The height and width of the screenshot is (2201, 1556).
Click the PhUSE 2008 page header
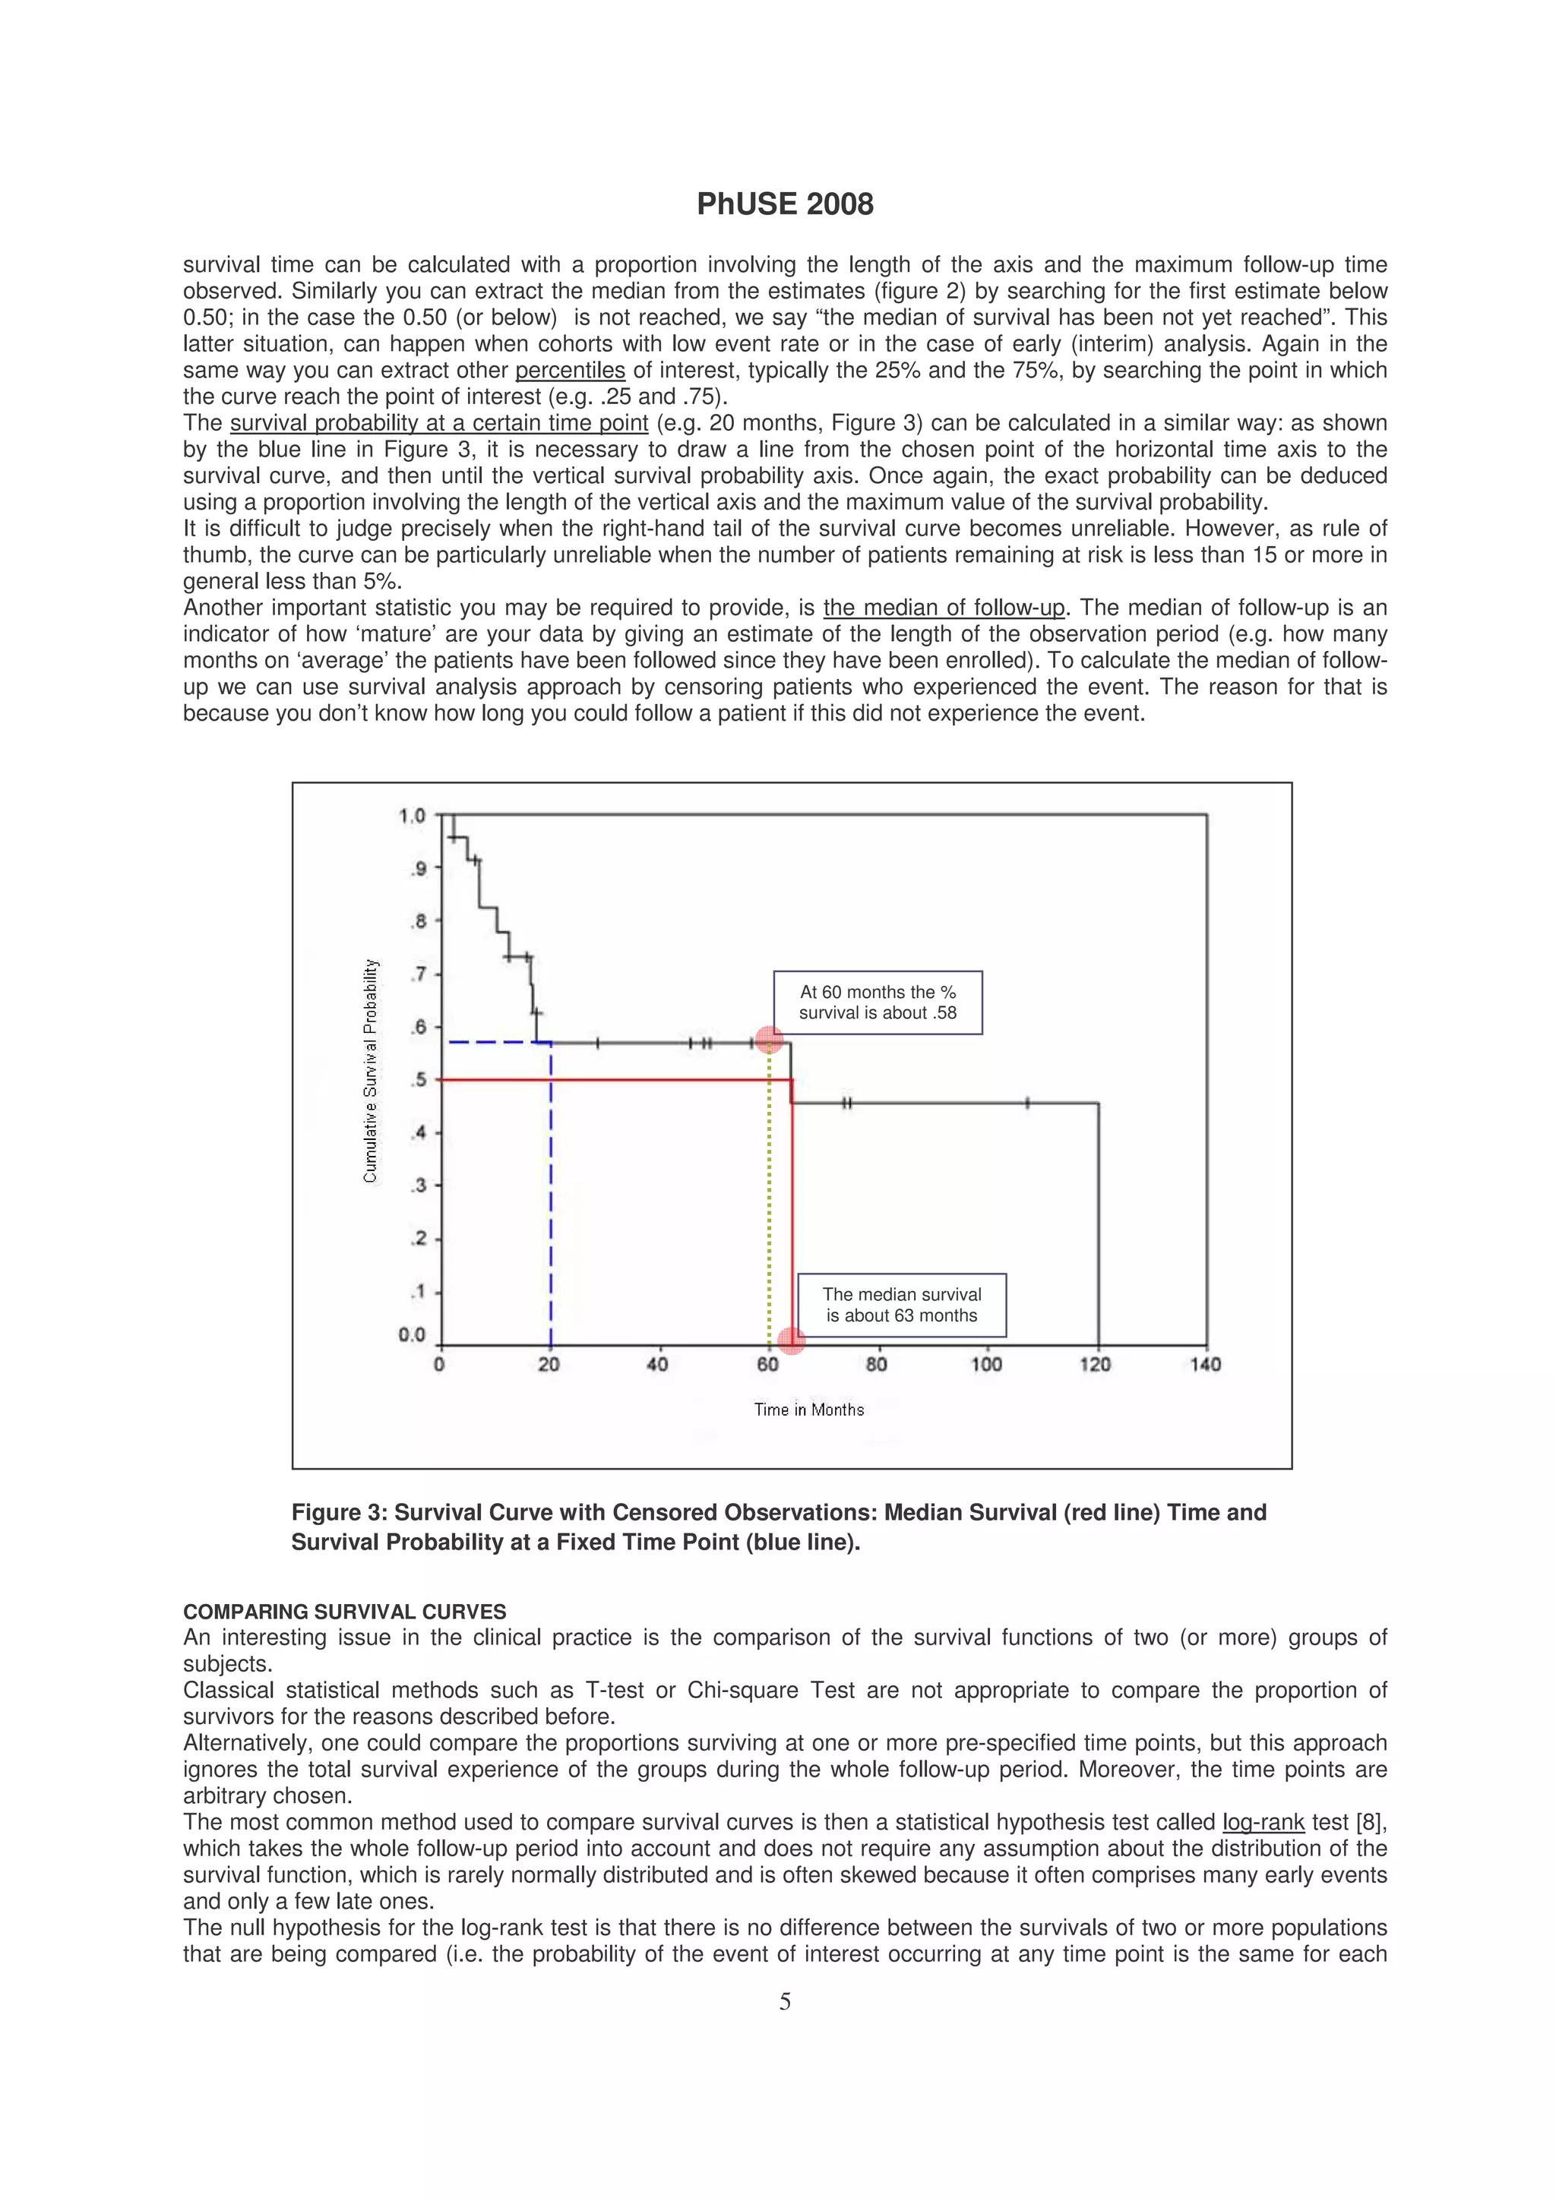(784, 204)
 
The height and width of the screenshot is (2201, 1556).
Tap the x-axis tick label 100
(985, 1364)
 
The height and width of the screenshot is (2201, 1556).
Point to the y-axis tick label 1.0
(411, 816)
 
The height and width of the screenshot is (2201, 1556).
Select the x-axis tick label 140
(1205, 1364)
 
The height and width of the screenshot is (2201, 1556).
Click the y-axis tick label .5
(418, 1080)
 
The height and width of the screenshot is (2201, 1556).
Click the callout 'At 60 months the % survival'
(878, 1002)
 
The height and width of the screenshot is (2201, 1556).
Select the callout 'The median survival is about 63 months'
(901, 1305)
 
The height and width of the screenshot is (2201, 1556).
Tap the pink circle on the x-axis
(791, 1341)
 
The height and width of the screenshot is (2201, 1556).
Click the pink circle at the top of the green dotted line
(769, 1040)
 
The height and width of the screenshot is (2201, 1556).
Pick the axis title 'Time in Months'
(808, 1409)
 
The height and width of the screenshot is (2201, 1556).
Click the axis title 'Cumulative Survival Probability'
(371, 1071)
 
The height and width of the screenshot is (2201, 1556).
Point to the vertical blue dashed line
(550, 1198)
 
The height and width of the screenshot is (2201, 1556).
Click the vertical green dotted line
(769, 1198)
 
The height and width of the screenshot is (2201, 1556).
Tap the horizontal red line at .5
(614, 1080)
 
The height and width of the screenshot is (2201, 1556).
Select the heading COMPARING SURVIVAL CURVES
(344, 1612)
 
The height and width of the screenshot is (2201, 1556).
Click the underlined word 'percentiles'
(570, 371)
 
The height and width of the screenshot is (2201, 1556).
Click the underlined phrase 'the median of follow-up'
(944, 608)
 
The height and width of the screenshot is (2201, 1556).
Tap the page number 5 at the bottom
(784, 2000)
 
